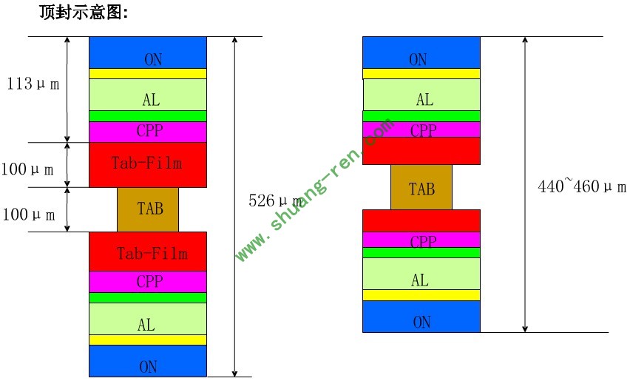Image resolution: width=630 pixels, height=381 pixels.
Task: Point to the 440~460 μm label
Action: point(581,186)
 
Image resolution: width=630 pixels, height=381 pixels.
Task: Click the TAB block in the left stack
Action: point(148,209)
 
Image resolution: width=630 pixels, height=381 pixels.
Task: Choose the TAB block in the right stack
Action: point(421,188)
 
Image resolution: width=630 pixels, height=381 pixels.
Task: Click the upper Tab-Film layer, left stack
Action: point(148,164)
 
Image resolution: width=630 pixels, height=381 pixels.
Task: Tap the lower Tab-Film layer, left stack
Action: point(148,252)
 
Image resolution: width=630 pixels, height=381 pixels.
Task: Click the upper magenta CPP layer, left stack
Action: point(148,132)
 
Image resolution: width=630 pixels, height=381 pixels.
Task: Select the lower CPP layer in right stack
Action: point(421,240)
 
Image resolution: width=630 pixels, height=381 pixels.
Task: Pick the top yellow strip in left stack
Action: point(148,73)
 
